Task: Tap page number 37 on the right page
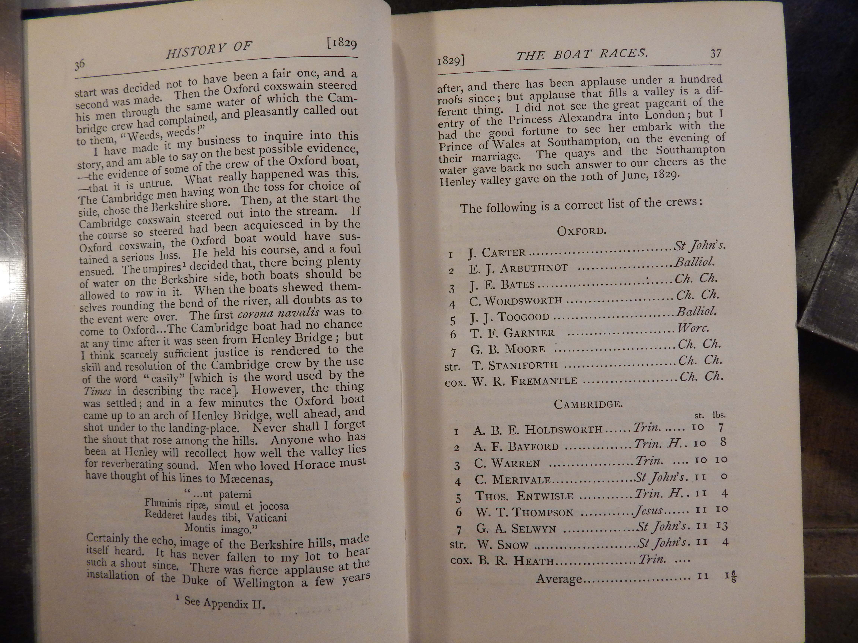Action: click(x=716, y=53)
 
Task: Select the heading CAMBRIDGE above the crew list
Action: click(x=588, y=404)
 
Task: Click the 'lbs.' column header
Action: click(x=719, y=415)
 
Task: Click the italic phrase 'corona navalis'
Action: click(x=279, y=313)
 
